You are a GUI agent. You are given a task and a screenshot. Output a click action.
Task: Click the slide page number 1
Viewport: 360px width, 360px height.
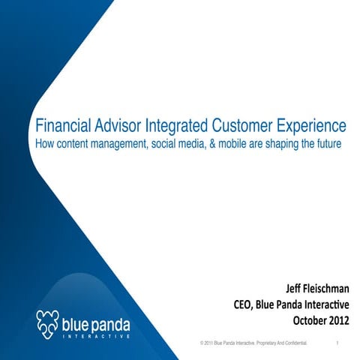(x=340, y=343)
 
